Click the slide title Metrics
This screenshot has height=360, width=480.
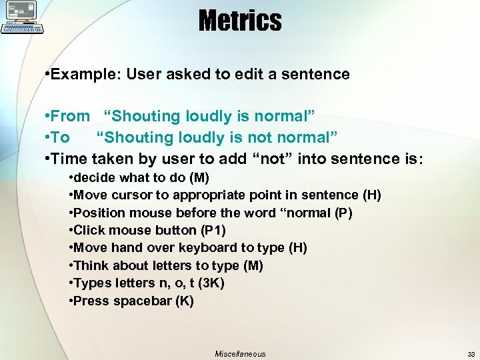(240, 21)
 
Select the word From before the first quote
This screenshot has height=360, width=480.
(69, 116)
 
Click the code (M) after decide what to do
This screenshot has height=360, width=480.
(199, 177)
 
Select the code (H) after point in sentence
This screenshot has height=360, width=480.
(371, 195)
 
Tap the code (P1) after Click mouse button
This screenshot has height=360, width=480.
(213, 230)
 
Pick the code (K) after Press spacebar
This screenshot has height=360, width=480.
(184, 301)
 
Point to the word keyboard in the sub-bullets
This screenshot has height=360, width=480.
(213, 247)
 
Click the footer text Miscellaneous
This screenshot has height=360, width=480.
(240, 354)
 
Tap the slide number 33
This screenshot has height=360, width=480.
(471, 354)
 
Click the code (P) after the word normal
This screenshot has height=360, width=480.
(343, 213)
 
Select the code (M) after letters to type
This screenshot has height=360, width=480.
(253, 265)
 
